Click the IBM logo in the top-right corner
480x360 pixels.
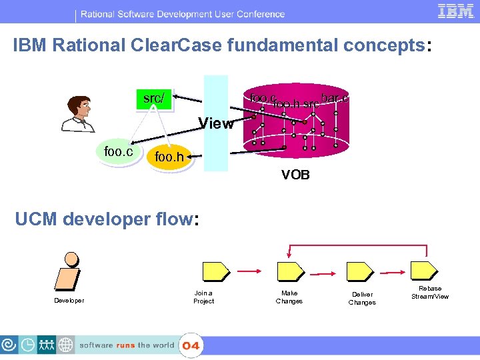[456, 11]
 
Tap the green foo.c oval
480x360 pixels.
[119, 152]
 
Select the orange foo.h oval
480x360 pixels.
[169, 157]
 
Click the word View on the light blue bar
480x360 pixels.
[216, 123]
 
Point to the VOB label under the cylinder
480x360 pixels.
[295, 176]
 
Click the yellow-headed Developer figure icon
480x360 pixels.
[69, 271]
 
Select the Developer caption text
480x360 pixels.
[69, 301]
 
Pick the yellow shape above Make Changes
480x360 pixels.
[288, 271]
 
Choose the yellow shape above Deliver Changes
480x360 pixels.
[359, 271]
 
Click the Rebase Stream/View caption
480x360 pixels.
[430, 293]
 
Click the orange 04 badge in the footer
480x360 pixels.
[191, 346]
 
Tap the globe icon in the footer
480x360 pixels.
[65, 345]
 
